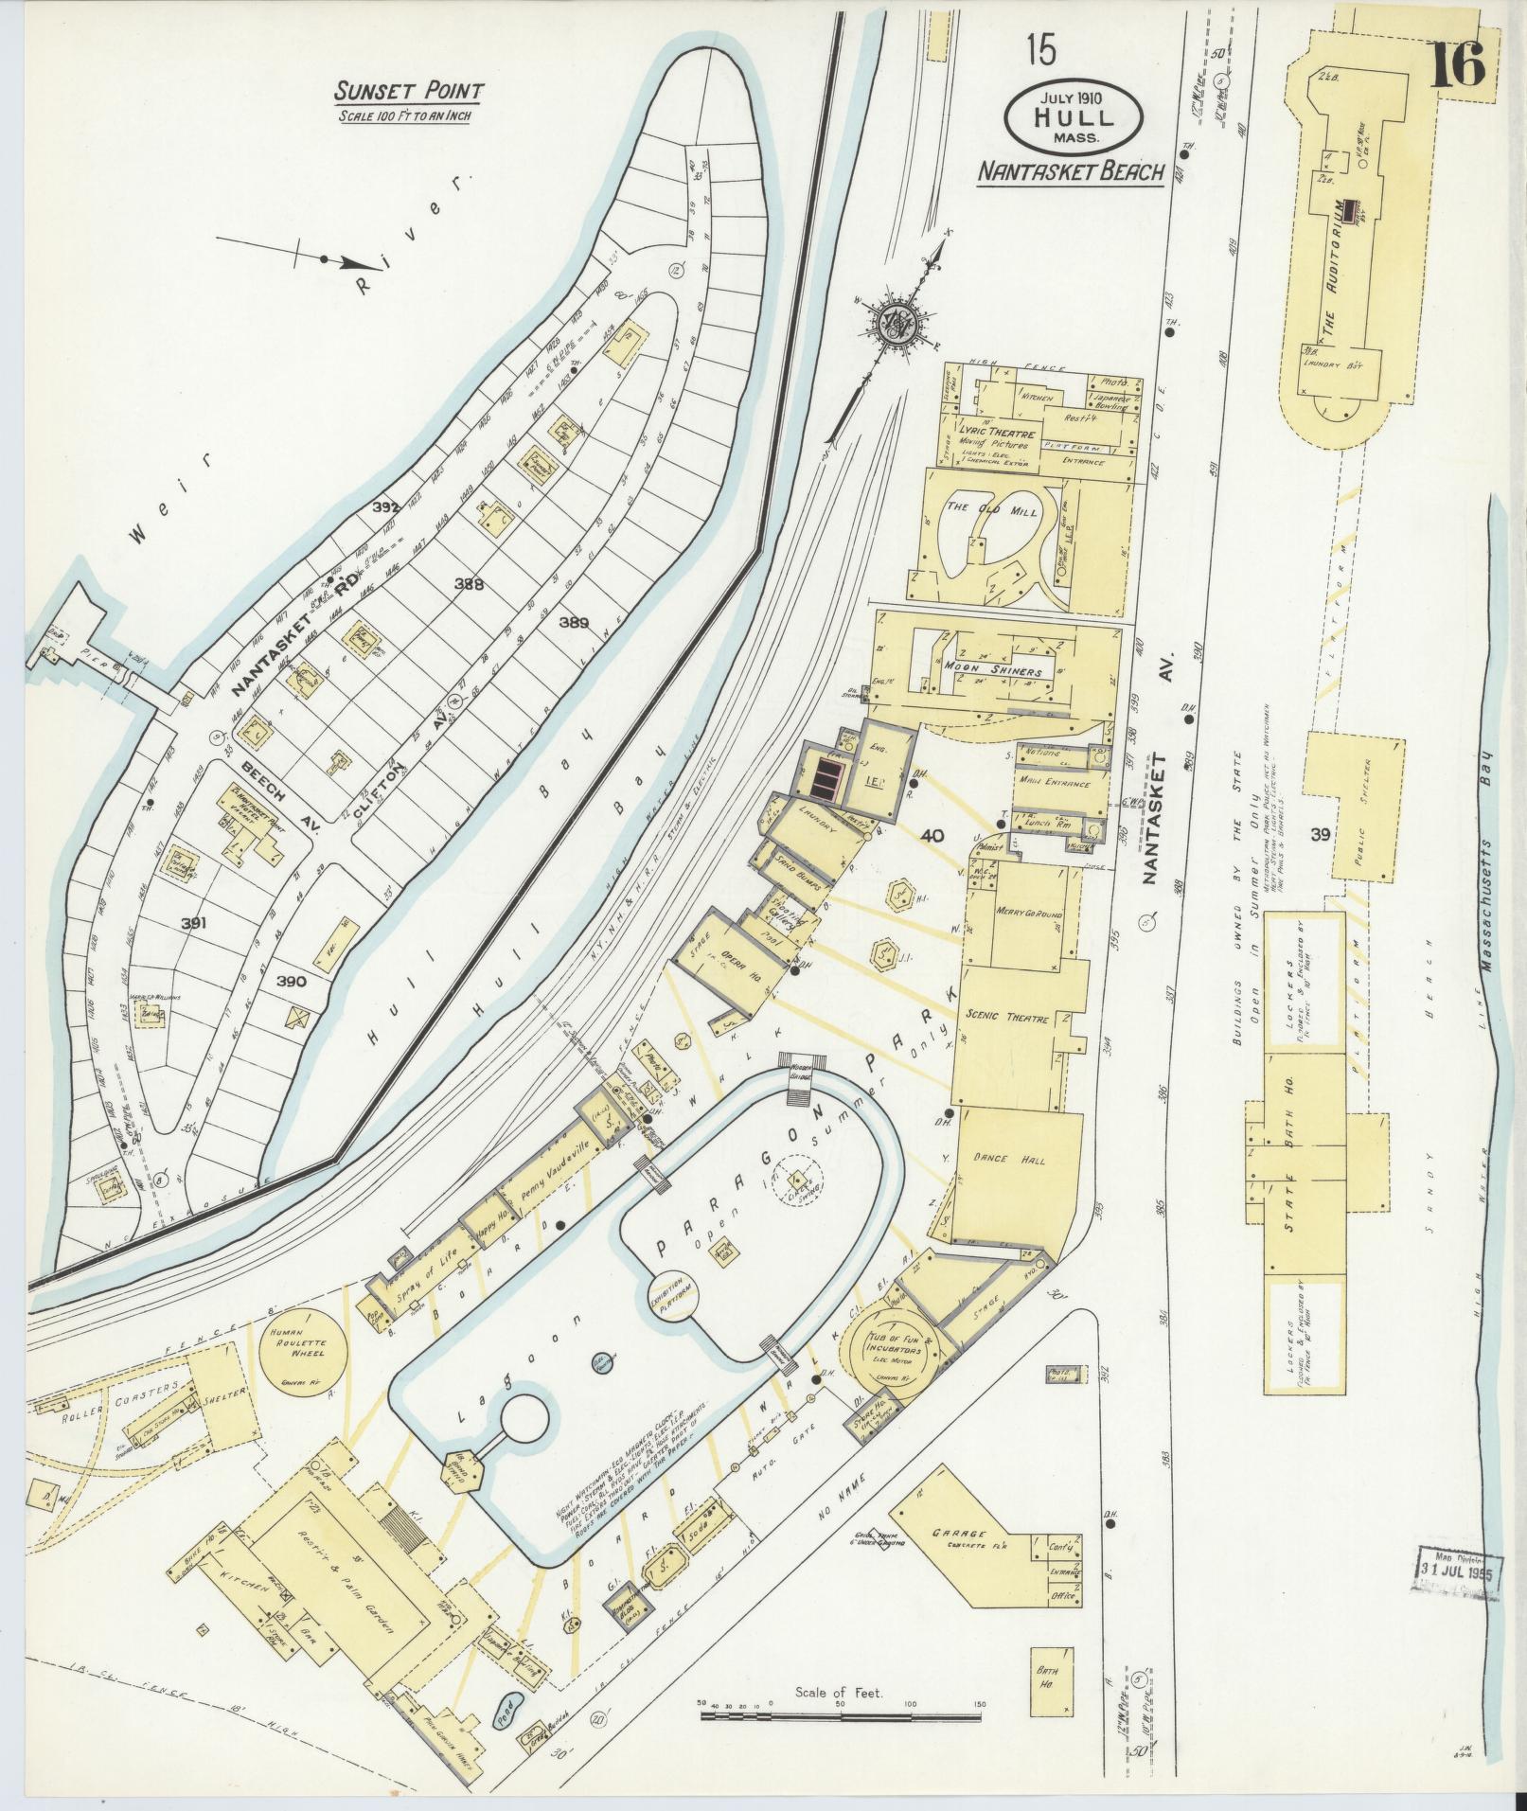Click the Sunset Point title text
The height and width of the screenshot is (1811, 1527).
(408, 92)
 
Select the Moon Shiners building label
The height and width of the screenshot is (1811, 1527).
(992, 671)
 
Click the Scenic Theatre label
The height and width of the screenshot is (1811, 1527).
(1006, 1019)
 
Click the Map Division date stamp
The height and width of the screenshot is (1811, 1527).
(1459, 1571)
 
